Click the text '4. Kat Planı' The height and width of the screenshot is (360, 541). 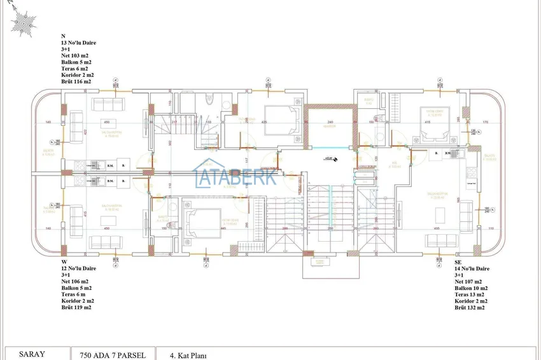tap(188, 356)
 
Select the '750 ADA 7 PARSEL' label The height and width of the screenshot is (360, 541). tap(113, 356)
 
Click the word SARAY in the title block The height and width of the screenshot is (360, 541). tap(32, 354)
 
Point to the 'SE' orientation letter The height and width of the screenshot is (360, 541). tap(458, 261)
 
